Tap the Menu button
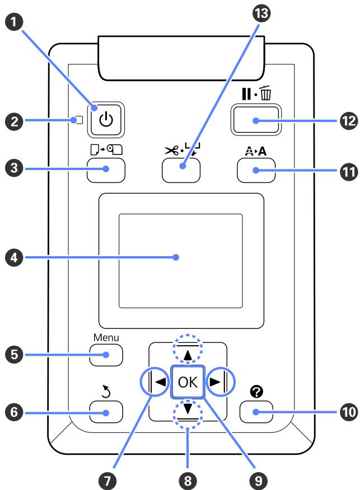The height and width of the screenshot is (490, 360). coord(105,354)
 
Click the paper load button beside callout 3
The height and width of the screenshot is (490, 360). coord(105,168)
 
